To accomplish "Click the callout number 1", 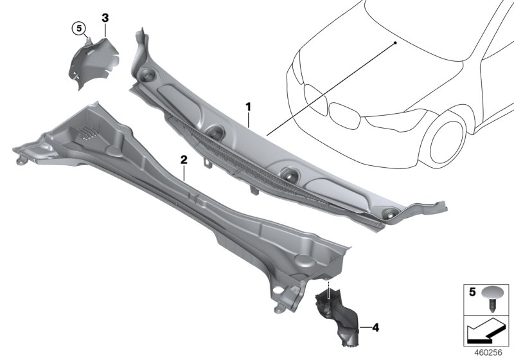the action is pyautogui.click(x=249, y=107).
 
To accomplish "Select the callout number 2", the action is pyautogui.click(x=184, y=160).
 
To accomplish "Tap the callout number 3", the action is pyautogui.click(x=105, y=18).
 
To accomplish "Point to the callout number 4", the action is pyautogui.click(x=376, y=327).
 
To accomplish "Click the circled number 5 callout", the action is pyautogui.click(x=79, y=28).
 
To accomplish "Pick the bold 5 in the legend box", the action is pyautogui.click(x=472, y=292).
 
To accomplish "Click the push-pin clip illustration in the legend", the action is pyautogui.click(x=491, y=299).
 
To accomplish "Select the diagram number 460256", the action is pyautogui.click(x=488, y=353).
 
